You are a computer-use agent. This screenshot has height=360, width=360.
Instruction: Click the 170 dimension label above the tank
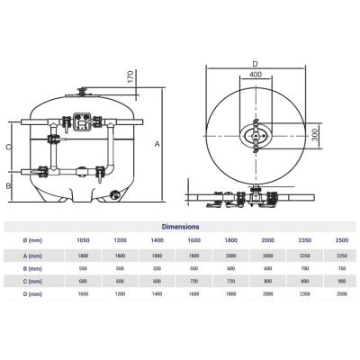[130, 77]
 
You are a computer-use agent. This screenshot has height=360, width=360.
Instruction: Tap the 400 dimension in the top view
[256, 74]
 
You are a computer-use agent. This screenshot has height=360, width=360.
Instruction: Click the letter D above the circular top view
[255, 64]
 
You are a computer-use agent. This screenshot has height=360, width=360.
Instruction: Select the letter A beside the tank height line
[157, 144]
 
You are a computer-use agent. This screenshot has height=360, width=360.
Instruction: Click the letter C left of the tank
[9, 147]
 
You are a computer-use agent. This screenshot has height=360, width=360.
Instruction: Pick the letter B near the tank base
[9, 185]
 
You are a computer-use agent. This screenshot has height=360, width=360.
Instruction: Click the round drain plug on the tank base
[113, 194]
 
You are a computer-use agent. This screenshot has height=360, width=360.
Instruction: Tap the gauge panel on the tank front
[81, 121]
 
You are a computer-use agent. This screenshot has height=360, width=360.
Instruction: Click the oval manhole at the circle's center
[255, 136]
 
